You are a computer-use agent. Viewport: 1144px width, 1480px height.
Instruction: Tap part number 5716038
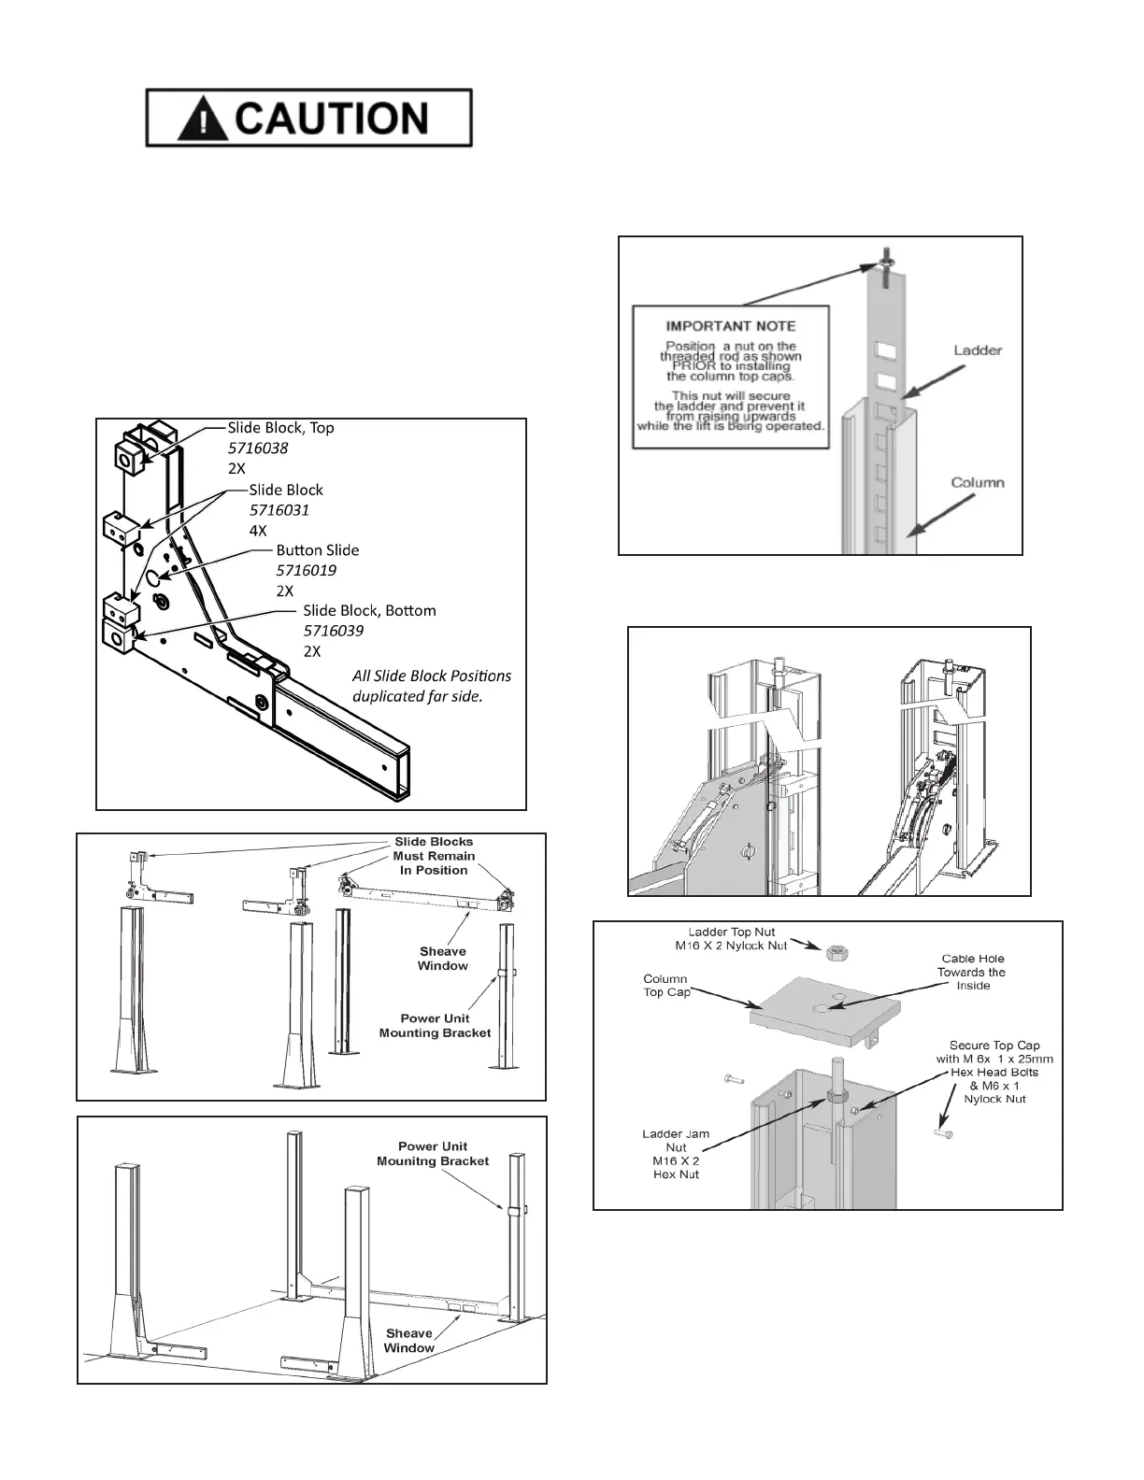[x=258, y=448]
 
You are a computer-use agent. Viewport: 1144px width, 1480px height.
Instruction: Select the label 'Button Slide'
[x=317, y=550]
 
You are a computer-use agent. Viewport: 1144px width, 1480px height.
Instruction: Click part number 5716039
[x=333, y=631]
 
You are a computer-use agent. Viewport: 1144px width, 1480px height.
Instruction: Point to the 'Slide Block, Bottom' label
[x=369, y=610]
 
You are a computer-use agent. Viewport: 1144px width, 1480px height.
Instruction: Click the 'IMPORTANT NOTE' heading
[x=730, y=326]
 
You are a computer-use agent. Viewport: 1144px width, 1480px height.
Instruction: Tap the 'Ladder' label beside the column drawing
[x=978, y=350]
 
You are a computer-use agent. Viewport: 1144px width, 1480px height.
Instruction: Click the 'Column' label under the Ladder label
[x=978, y=482]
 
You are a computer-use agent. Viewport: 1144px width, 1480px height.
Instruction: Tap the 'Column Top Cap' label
[x=665, y=986]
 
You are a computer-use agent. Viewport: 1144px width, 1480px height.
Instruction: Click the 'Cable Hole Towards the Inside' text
[x=973, y=972]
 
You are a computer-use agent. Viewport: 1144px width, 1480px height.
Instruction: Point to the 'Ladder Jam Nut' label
[x=676, y=1154]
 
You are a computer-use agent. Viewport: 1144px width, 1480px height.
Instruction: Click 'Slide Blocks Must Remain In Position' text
[x=434, y=856]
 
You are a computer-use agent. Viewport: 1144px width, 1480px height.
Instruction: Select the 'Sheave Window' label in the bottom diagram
[x=408, y=1340]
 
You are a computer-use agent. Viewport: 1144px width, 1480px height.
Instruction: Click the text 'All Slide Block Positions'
[x=432, y=676]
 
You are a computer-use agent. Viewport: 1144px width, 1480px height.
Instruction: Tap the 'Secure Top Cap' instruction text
[x=994, y=1072]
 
